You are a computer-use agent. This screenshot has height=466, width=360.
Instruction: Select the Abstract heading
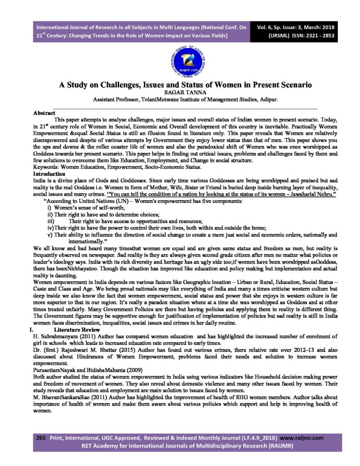tap(45, 112)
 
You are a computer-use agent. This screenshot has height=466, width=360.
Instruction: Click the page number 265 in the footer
tap(41, 438)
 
